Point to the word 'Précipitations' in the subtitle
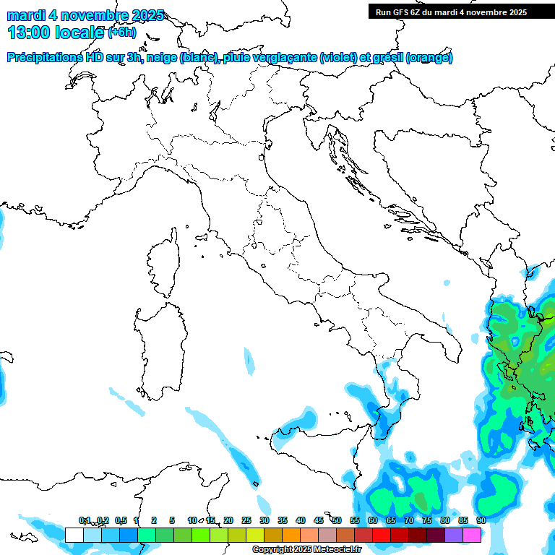(x=44, y=58)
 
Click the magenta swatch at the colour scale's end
(x=472, y=535)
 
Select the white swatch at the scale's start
(x=74, y=535)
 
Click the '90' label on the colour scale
(x=481, y=521)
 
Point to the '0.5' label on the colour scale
(x=120, y=521)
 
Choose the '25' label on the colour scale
(x=246, y=521)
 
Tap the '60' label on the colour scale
(x=372, y=521)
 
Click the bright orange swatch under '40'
(x=291, y=535)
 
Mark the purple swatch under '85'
(x=454, y=535)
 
